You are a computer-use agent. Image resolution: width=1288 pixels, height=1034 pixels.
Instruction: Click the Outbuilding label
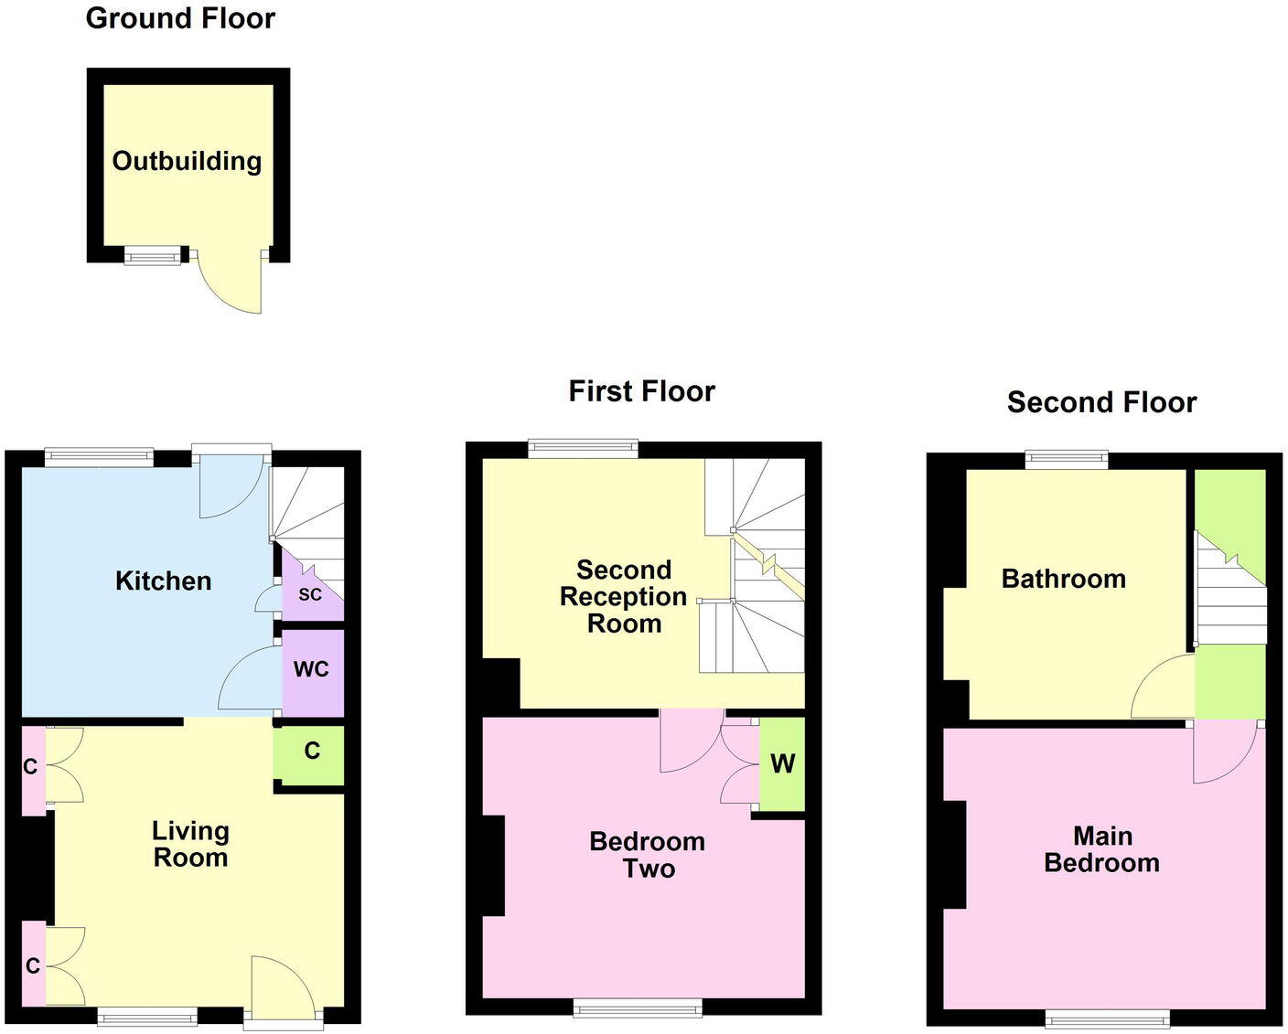187,161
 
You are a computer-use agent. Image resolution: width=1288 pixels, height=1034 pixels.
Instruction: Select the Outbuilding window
153,257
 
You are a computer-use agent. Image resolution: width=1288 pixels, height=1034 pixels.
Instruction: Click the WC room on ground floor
311,670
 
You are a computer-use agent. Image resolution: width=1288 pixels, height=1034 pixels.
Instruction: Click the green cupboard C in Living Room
311,753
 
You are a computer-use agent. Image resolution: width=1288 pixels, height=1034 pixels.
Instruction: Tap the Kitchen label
163,581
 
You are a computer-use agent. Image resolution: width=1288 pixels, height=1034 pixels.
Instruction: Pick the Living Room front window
147,1016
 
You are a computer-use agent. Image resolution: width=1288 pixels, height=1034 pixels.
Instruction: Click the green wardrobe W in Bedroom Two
782,764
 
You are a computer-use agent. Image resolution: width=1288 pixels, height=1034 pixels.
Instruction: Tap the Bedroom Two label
648,855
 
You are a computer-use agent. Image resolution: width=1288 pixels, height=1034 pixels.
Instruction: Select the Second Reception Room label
623,596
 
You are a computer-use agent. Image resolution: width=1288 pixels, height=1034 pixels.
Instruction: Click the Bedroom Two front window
638,1007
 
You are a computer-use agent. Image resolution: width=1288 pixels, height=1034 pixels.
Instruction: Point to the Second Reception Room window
583,448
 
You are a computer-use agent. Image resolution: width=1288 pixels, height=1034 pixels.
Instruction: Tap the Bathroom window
1067,460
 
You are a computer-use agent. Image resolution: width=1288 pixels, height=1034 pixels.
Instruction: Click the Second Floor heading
1101,402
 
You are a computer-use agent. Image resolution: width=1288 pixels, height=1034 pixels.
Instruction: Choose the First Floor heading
641,391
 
